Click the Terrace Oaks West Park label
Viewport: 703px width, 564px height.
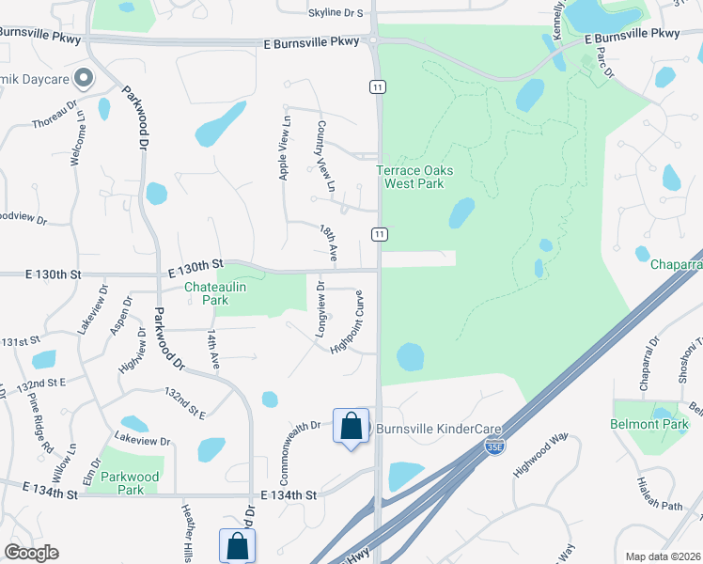(x=414, y=177)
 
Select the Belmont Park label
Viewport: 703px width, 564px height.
(x=650, y=424)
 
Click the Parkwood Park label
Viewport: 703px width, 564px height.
(x=131, y=483)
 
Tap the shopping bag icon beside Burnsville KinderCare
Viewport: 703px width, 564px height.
(x=351, y=426)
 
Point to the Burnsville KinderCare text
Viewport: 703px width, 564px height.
(x=441, y=428)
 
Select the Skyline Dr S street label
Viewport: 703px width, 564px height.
(x=336, y=13)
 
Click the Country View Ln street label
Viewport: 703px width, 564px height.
(x=325, y=157)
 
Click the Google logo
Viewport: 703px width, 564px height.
(x=31, y=553)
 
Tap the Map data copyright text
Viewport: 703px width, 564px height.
(x=663, y=556)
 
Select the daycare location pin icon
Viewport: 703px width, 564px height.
(x=84, y=78)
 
